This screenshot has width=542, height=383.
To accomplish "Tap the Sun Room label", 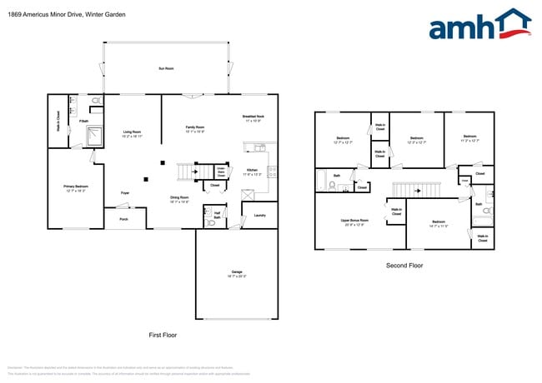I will (x=166, y=68).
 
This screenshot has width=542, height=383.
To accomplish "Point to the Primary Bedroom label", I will (x=75, y=187).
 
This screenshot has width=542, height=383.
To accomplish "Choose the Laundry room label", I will (x=259, y=216).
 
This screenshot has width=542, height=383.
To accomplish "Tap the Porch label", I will (x=123, y=220).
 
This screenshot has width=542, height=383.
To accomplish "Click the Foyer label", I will (x=124, y=193).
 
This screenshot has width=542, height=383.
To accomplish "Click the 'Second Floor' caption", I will (x=404, y=266).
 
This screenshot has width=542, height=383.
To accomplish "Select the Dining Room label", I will (x=179, y=199).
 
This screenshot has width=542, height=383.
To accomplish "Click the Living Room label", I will (x=132, y=133).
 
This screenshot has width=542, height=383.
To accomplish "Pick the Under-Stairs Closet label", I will (x=221, y=171).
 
